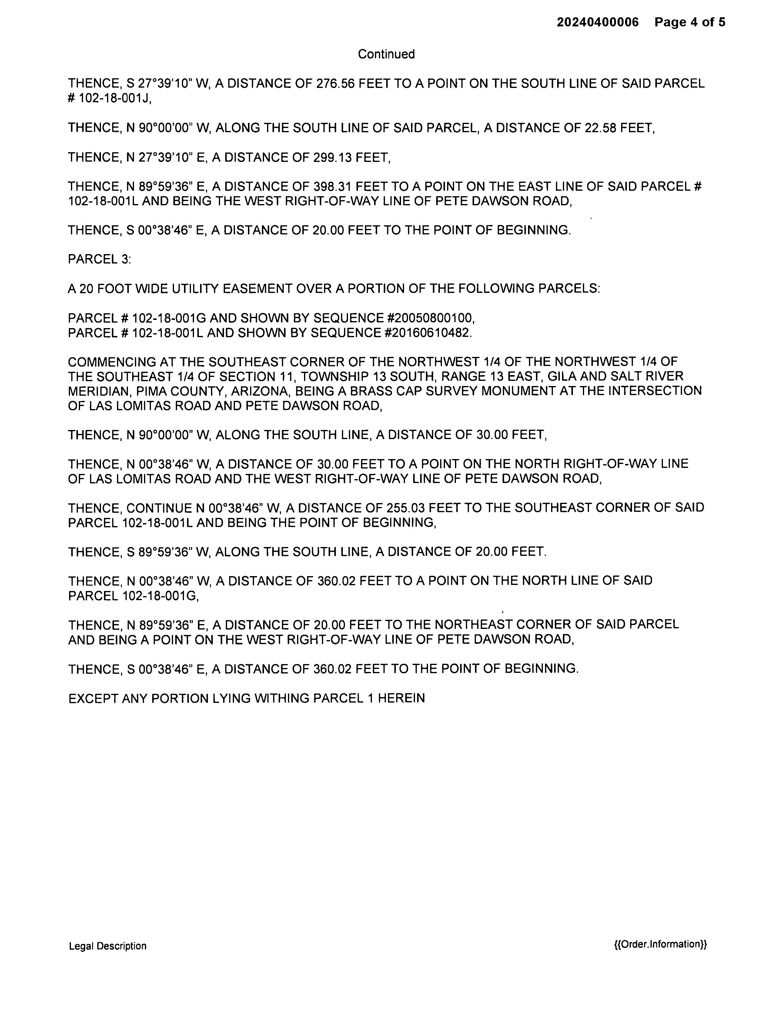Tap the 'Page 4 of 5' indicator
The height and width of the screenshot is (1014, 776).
[690, 22]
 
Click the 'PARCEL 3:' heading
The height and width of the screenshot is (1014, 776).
[99, 260]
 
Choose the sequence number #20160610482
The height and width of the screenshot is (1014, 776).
[428, 333]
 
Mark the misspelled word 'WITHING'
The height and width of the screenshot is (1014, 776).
[281, 698]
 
